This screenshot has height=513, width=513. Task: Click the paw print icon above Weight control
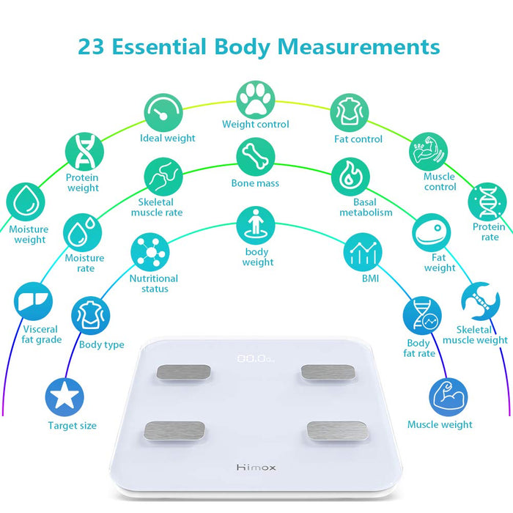pos(256,100)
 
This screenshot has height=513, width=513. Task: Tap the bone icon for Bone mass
pos(256,157)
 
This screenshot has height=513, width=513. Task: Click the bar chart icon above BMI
pos(363,252)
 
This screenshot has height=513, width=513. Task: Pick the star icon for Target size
pos(64,397)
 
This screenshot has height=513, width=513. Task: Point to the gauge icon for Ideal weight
pos(163,113)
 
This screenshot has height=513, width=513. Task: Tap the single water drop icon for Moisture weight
pos(25,202)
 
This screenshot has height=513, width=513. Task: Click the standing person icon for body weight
pos(256,226)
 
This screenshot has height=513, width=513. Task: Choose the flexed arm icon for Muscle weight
pos(449,397)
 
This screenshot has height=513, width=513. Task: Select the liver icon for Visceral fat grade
pos(33,301)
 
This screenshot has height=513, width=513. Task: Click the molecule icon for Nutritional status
pos(150,252)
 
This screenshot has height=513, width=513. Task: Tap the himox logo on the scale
pos(256,468)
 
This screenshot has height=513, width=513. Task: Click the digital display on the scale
pos(256,358)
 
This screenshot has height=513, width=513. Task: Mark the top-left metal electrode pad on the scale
pos(183,372)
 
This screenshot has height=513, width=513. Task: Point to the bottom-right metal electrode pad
pos(337,431)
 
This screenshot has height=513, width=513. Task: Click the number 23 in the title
pos(91,46)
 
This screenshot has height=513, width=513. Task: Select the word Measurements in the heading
pos(358,46)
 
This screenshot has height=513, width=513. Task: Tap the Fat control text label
pos(358,139)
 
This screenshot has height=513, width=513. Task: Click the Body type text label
pos(101,345)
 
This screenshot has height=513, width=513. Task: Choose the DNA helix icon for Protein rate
pos(487,202)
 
